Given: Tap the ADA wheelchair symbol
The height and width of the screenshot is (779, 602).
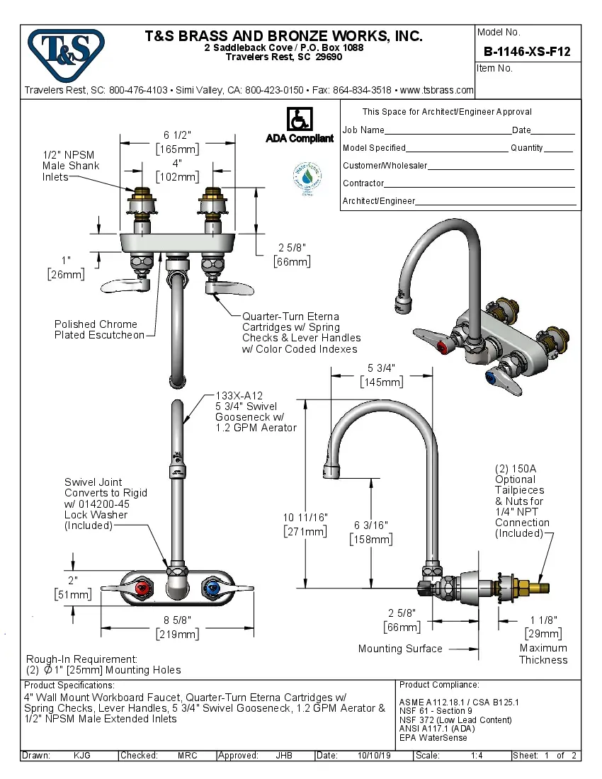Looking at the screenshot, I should pos(299,119).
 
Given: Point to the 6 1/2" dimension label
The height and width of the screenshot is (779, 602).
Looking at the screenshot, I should pos(177,135).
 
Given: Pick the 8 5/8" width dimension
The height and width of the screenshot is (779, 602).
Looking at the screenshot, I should pos(177,627).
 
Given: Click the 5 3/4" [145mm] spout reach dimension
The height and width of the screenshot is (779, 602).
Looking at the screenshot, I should pos(381,375).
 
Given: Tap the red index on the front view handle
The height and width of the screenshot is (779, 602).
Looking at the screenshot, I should pos(144,588).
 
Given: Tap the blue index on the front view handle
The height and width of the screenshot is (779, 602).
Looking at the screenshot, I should pos(210,588).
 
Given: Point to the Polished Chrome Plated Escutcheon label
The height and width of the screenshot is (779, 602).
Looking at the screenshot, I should pos(99,329).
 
